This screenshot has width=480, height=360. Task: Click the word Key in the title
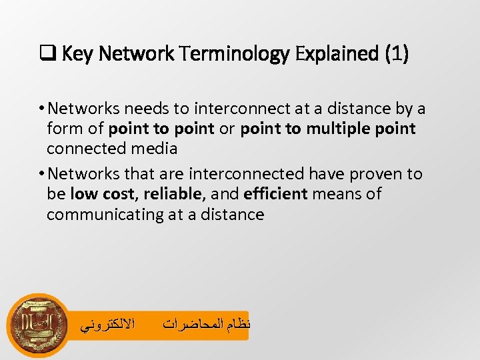coord(75,54)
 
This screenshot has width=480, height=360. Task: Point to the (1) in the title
coord(397,54)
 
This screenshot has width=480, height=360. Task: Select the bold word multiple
coord(345,128)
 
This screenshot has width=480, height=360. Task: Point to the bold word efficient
coord(276,194)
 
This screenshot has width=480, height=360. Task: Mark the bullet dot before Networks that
coord(41,175)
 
